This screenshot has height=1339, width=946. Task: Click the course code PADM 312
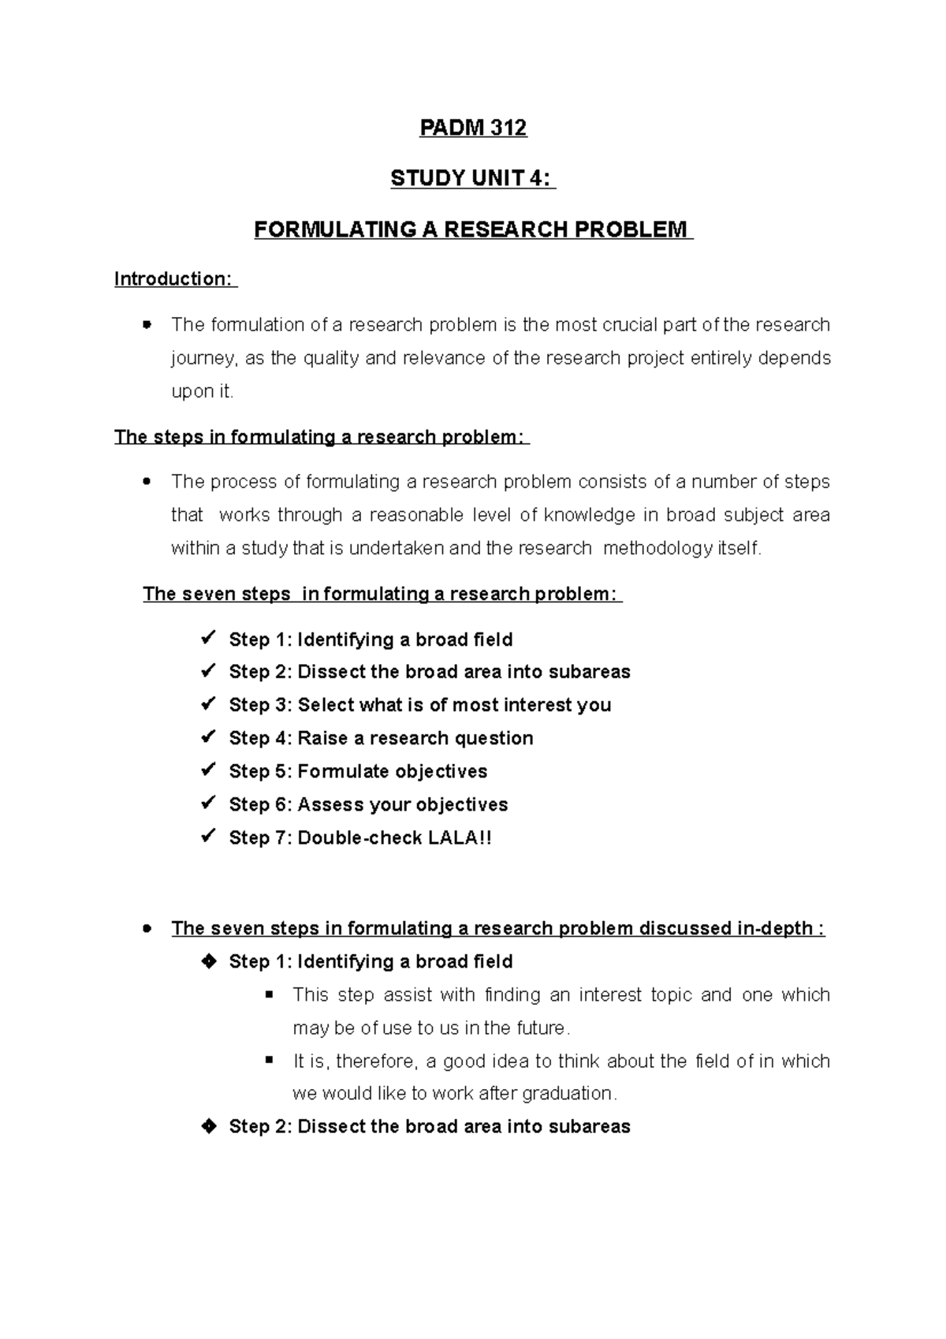472,128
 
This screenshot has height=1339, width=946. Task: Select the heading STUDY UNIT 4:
472,179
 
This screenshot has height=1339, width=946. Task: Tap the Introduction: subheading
174,279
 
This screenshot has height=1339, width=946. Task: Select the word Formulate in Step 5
343,771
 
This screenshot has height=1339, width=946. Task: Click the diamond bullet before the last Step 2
209,1126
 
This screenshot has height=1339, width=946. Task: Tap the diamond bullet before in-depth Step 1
209,961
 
